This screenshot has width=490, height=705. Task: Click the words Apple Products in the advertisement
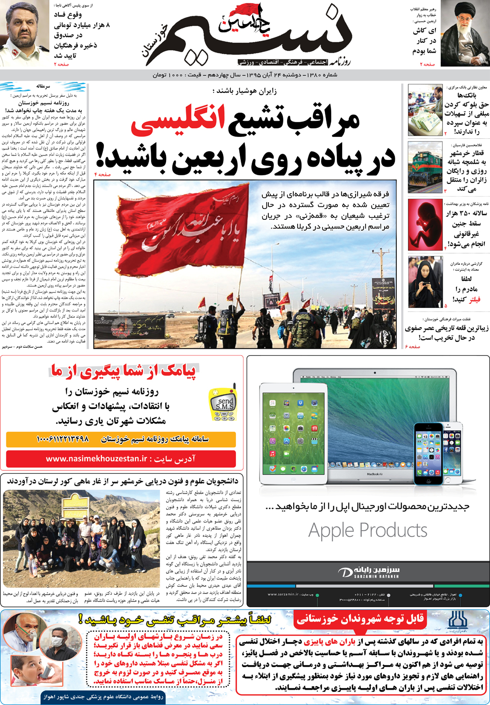[367, 531]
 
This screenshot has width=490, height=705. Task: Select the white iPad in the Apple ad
[293, 433]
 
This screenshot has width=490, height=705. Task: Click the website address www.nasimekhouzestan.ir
[96, 458]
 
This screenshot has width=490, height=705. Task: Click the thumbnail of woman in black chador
[425, 282]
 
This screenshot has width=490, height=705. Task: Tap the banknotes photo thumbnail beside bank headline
[425, 110]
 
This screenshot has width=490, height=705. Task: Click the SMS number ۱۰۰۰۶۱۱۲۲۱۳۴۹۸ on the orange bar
[63, 439]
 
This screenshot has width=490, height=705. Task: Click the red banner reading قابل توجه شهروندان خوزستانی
[360, 619]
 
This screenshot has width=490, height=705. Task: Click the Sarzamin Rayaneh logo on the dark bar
[368, 572]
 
